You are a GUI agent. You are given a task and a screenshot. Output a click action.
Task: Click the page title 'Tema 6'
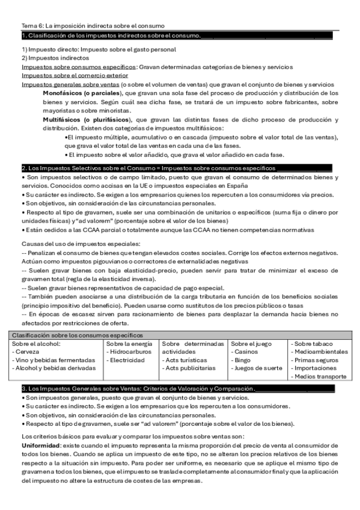[x=32, y=26]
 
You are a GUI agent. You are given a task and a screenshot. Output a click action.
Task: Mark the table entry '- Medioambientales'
[x=319, y=351]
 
